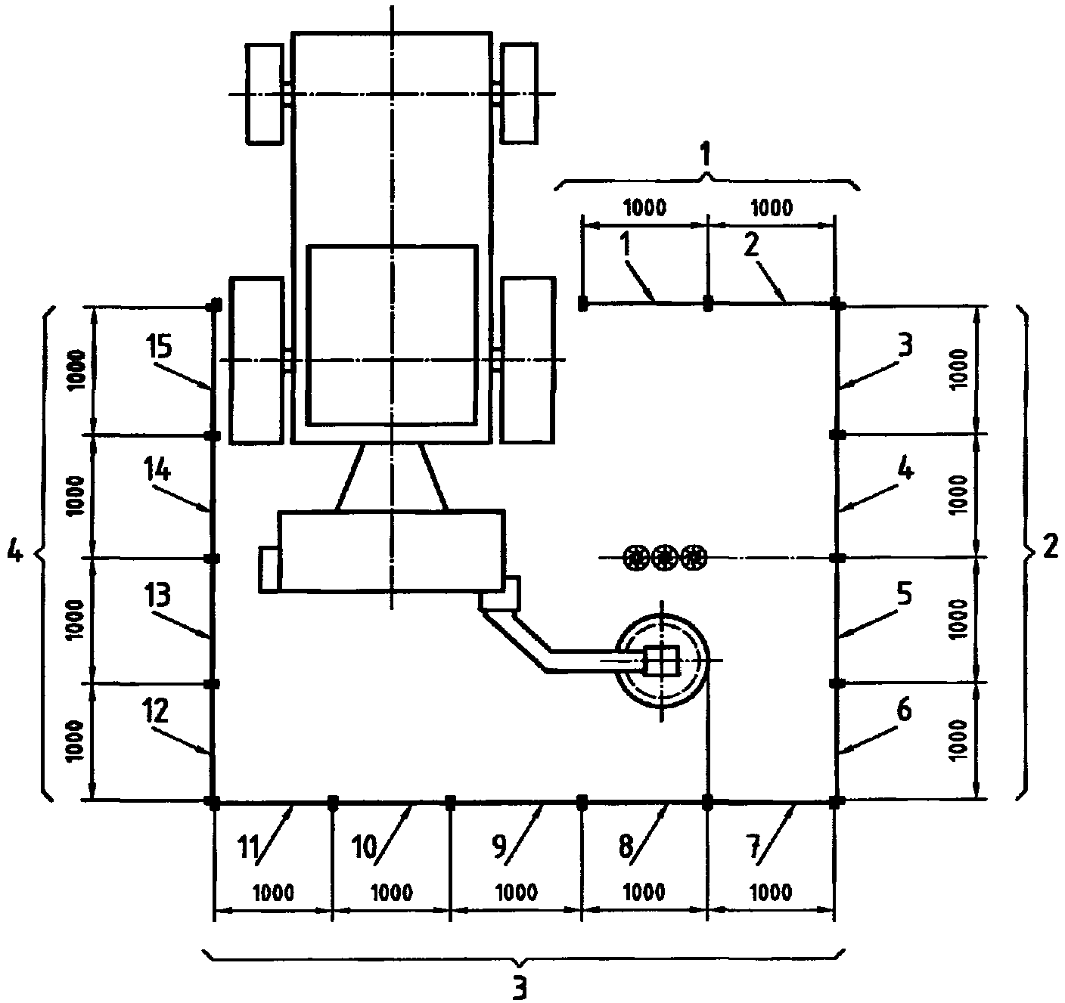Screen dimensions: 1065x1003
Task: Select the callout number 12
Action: pos(156,710)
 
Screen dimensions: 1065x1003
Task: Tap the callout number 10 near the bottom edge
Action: pos(365,847)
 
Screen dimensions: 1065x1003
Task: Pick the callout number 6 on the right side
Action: pos(904,710)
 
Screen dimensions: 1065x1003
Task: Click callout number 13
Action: pos(157,595)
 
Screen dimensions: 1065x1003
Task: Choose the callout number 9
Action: pos(499,847)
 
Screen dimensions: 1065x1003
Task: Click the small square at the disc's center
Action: pos(663,661)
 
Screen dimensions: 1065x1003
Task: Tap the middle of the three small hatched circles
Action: pos(664,558)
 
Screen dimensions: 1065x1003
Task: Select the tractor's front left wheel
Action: pos(265,94)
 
